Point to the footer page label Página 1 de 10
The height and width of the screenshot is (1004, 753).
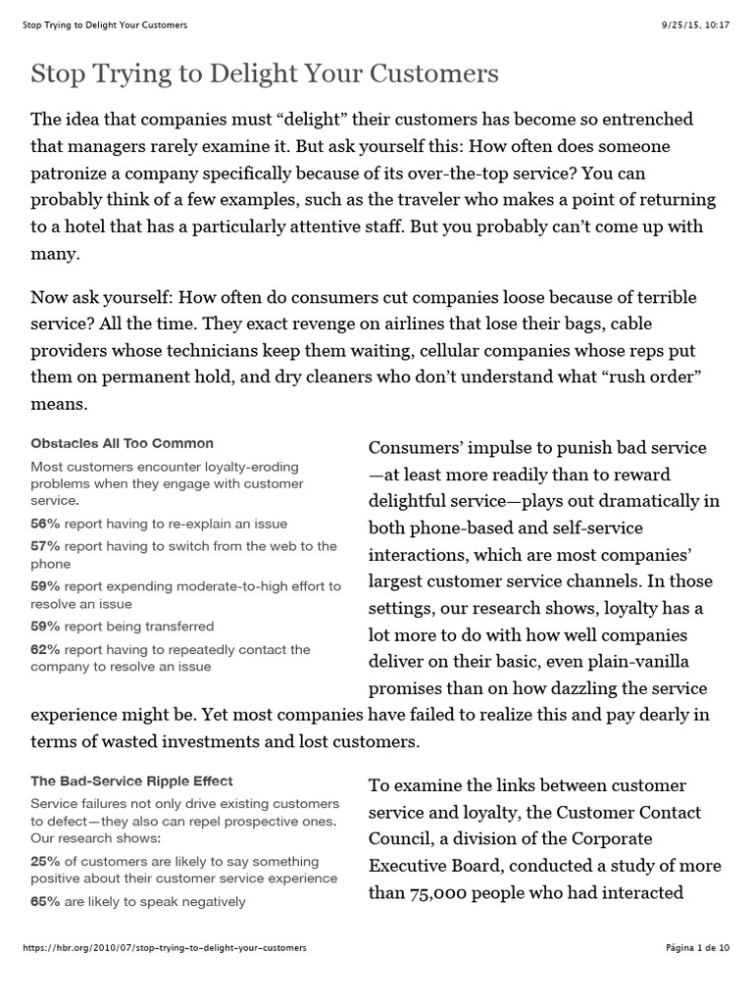pos(697,948)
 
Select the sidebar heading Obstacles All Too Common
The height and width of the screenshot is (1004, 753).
pos(122,443)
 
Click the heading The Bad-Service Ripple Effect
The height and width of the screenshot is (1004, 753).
pos(131,781)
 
